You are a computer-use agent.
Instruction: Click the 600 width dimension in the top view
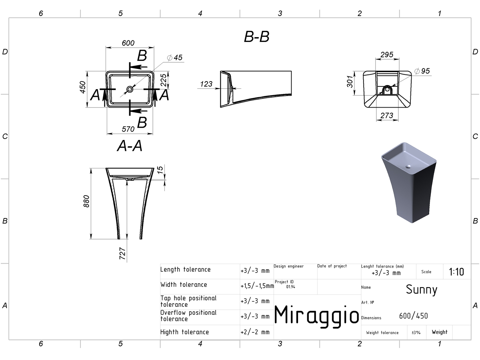tap(128, 43)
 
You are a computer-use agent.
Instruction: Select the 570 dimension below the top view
tap(128, 129)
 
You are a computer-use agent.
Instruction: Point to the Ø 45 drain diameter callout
tap(174, 58)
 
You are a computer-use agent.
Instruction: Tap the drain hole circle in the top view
tap(130, 89)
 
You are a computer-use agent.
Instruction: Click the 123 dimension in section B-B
tap(206, 84)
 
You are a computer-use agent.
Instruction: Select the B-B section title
tap(256, 36)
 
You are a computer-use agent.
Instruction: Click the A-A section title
tap(130, 146)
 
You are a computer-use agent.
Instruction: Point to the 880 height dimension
tap(86, 201)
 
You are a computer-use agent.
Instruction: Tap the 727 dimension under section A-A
tap(122, 254)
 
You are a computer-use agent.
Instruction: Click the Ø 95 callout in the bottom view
tap(422, 71)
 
